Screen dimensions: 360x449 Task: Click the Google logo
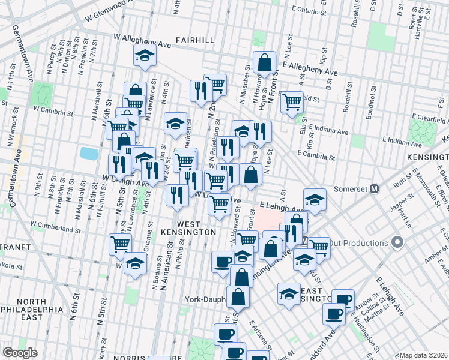point(20,353)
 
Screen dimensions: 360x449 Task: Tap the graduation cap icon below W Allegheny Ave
point(144,56)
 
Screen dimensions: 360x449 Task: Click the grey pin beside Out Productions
point(396,243)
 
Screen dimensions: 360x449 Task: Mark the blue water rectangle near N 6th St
point(88,153)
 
